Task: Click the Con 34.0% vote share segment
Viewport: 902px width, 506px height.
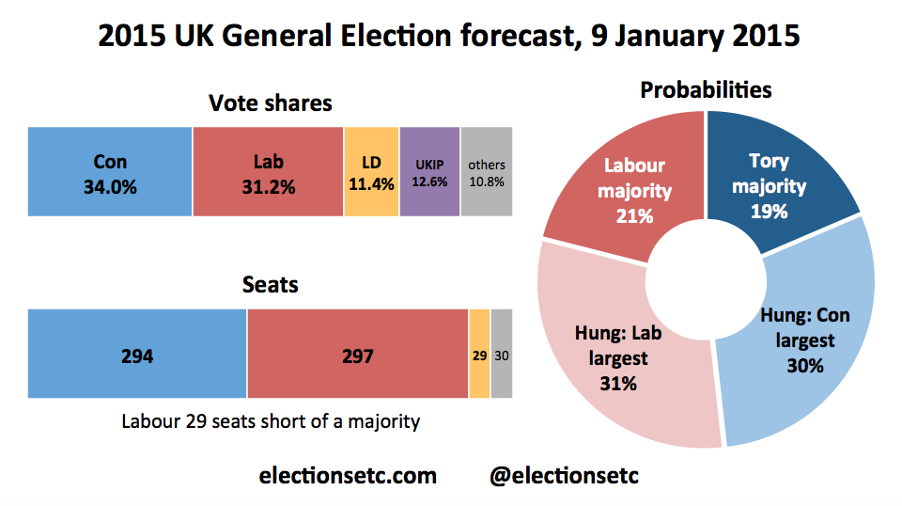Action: click(110, 174)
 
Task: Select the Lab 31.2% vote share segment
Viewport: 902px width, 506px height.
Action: click(268, 174)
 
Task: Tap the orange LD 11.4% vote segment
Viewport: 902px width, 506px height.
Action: click(371, 174)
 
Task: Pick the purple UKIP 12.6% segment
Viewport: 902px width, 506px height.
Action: click(429, 174)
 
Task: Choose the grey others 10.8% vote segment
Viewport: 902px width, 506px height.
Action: click(486, 174)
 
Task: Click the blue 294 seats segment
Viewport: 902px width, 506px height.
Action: click(137, 356)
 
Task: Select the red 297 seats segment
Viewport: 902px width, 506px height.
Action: click(357, 356)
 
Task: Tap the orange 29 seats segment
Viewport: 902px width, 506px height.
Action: click(479, 356)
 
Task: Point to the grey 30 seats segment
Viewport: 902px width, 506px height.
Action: click(502, 356)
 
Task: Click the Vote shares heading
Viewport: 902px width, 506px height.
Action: click(270, 103)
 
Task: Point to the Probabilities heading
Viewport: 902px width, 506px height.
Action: click(706, 89)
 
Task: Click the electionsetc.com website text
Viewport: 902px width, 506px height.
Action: click(348, 476)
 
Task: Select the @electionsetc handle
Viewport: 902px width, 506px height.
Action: click(564, 476)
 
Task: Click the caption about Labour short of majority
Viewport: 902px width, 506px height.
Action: click(271, 421)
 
